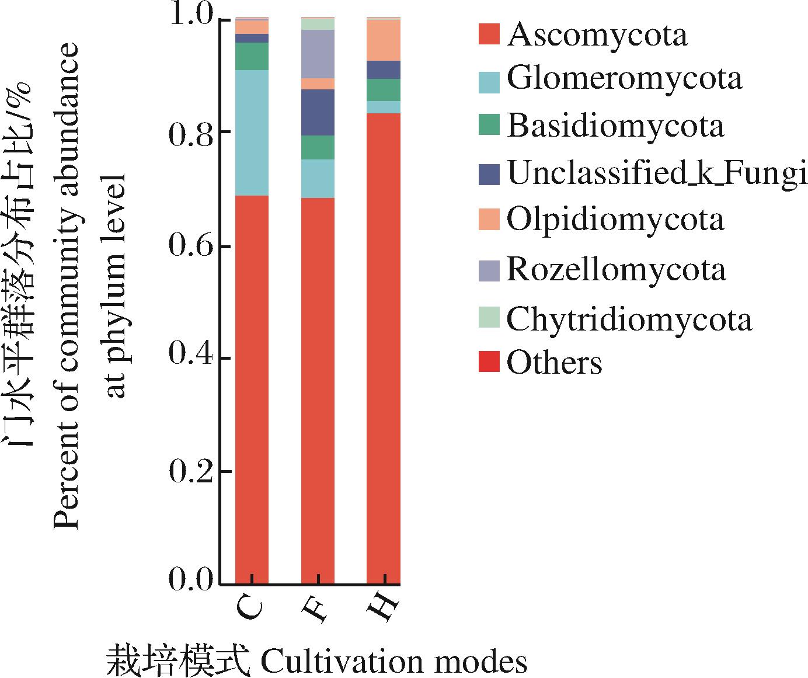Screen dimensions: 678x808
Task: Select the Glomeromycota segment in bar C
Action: point(252,133)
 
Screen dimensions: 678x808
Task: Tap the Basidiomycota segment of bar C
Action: point(252,56)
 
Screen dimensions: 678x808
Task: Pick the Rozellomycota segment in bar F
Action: point(318,54)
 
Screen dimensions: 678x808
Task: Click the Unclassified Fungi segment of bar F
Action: point(318,112)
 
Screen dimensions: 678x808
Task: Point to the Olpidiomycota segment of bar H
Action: point(384,40)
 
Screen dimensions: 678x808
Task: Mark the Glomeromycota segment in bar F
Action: point(318,179)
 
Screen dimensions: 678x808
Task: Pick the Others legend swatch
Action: point(489,363)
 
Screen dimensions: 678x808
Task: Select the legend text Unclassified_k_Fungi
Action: point(657,173)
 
